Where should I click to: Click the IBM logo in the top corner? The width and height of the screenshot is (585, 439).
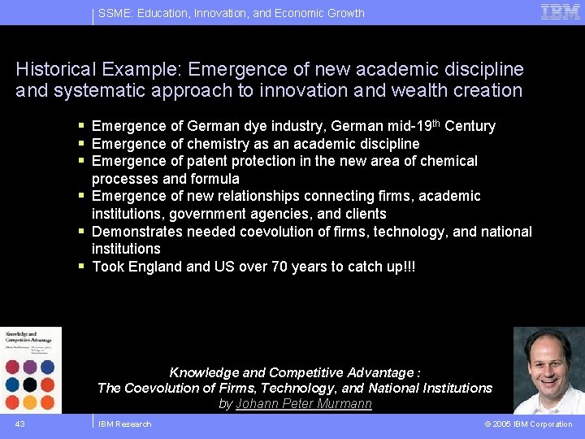coord(561,11)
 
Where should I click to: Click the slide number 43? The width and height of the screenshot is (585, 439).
coord(19,424)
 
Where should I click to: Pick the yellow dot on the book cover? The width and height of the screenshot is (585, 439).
coord(30,402)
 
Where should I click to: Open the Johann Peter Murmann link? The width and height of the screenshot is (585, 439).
coord(304,403)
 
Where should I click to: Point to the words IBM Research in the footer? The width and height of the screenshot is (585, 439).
coord(124,424)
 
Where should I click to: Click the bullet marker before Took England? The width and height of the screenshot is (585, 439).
coord(82,266)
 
